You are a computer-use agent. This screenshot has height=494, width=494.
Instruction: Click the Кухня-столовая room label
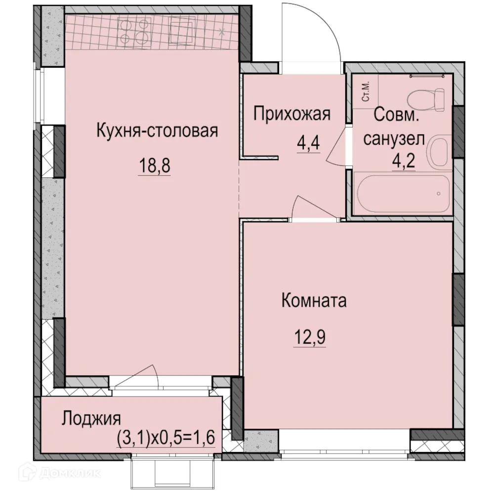157,132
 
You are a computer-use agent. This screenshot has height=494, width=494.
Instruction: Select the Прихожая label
291,115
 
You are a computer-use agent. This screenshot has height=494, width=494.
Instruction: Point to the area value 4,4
308,146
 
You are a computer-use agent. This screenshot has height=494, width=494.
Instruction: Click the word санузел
394,139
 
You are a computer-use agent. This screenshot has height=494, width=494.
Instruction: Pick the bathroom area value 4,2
403,162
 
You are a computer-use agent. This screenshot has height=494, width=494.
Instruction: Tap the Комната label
314,301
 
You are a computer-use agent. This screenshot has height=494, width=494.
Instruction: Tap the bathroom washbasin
439,152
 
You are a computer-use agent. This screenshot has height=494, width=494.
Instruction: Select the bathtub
401,193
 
